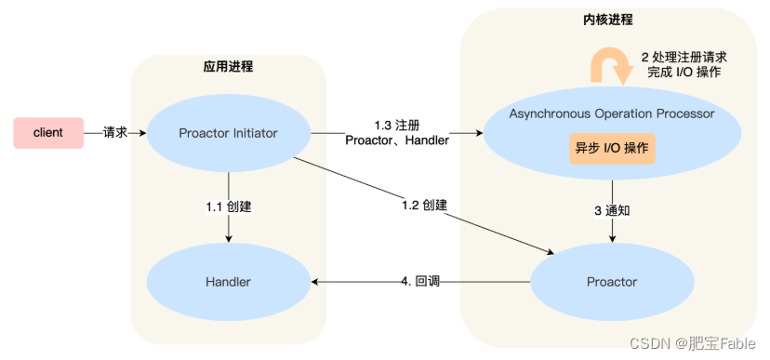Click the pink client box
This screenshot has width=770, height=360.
(47, 133)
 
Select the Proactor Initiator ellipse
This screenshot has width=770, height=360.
(228, 133)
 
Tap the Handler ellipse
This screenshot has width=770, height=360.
(228, 281)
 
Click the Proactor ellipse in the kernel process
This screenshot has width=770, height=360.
(612, 281)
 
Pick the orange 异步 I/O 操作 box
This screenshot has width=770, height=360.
(612, 149)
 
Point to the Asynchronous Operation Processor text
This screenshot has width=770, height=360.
(612, 113)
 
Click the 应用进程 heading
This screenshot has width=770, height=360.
(228, 67)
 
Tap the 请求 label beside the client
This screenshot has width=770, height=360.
(114, 133)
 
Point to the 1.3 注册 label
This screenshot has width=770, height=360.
(397, 125)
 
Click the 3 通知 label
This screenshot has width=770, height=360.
(612, 210)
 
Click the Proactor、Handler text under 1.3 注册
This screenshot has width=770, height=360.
(397, 140)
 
